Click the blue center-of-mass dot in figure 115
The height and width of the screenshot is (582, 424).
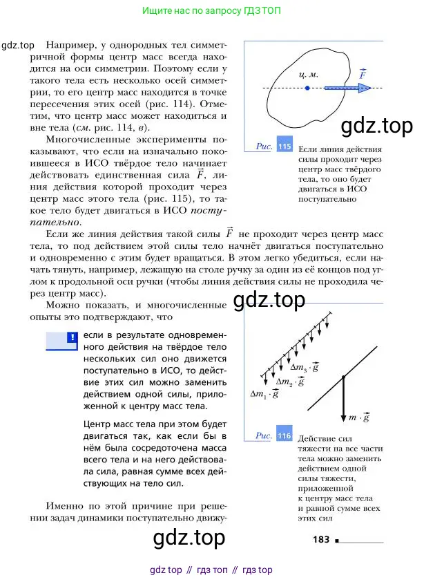[x=307, y=88]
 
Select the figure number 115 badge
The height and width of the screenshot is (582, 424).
[x=284, y=147]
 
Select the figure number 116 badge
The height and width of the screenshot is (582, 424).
[x=284, y=435]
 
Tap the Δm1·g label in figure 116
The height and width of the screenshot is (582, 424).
[x=264, y=393]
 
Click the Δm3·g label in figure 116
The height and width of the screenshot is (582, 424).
[x=305, y=368]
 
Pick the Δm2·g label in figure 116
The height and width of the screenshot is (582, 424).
[x=290, y=381]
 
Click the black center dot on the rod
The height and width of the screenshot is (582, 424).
[x=343, y=377]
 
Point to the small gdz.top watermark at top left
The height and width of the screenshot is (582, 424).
[x=19, y=46]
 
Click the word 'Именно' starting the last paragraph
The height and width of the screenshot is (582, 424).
[x=60, y=506]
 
